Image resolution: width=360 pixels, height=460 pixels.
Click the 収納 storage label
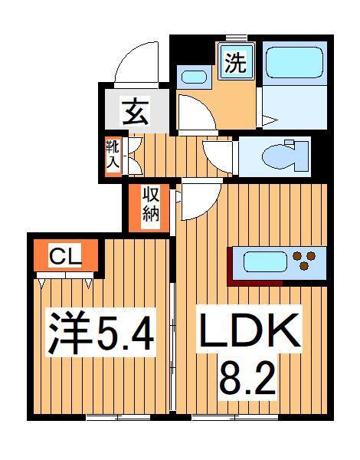click(149, 206)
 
